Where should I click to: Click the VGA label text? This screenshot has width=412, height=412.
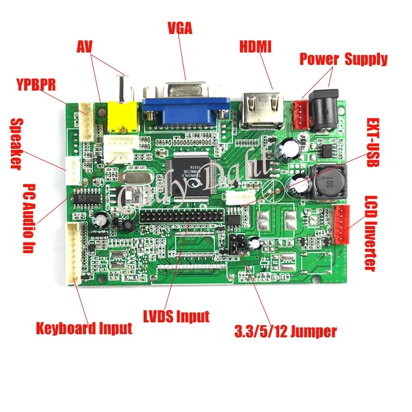180,28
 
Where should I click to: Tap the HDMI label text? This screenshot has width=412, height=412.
255,46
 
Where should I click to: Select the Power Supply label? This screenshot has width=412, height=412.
344,59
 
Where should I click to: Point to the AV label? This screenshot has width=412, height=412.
84,47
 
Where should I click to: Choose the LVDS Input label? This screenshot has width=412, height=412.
177,316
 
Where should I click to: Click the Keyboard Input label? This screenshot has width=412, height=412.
84,328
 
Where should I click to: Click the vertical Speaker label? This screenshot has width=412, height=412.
16,144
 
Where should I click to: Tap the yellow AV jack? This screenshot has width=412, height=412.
119,116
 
